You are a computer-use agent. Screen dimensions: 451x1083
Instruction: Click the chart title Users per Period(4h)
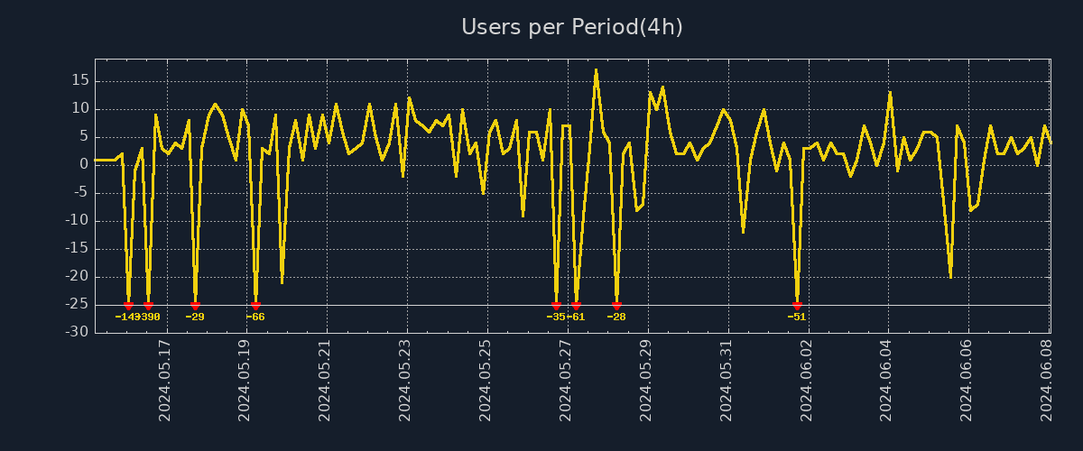click(x=572, y=27)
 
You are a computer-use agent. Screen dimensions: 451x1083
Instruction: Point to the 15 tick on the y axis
click(x=79, y=81)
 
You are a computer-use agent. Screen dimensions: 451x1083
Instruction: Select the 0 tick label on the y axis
click(x=83, y=165)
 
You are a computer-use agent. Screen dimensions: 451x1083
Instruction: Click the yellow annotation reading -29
click(x=195, y=317)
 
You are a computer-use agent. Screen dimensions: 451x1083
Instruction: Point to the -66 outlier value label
click(x=255, y=317)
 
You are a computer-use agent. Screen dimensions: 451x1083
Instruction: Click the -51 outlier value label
click(x=797, y=317)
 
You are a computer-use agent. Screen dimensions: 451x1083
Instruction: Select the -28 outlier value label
click(x=616, y=317)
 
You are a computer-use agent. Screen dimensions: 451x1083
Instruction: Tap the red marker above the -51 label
click(x=797, y=306)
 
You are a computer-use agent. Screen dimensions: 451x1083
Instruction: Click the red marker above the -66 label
click(x=255, y=306)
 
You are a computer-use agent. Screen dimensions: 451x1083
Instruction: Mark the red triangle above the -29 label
click(x=195, y=306)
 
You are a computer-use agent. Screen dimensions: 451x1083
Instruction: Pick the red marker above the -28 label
click(x=616, y=306)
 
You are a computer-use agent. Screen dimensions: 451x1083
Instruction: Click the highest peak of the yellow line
click(x=596, y=69)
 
